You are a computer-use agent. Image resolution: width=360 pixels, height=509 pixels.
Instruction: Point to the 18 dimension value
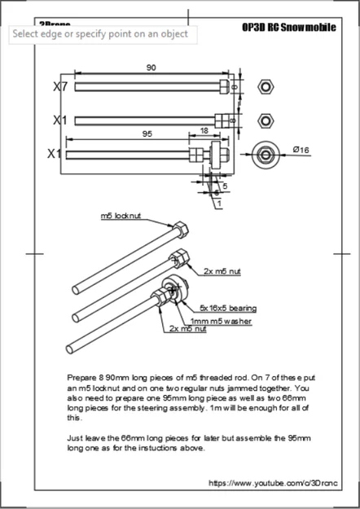click(x=202, y=130)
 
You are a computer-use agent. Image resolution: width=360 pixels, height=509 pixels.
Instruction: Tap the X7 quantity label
click(x=60, y=86)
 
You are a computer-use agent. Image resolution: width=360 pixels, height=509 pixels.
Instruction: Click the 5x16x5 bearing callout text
click(x=229, y=309)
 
